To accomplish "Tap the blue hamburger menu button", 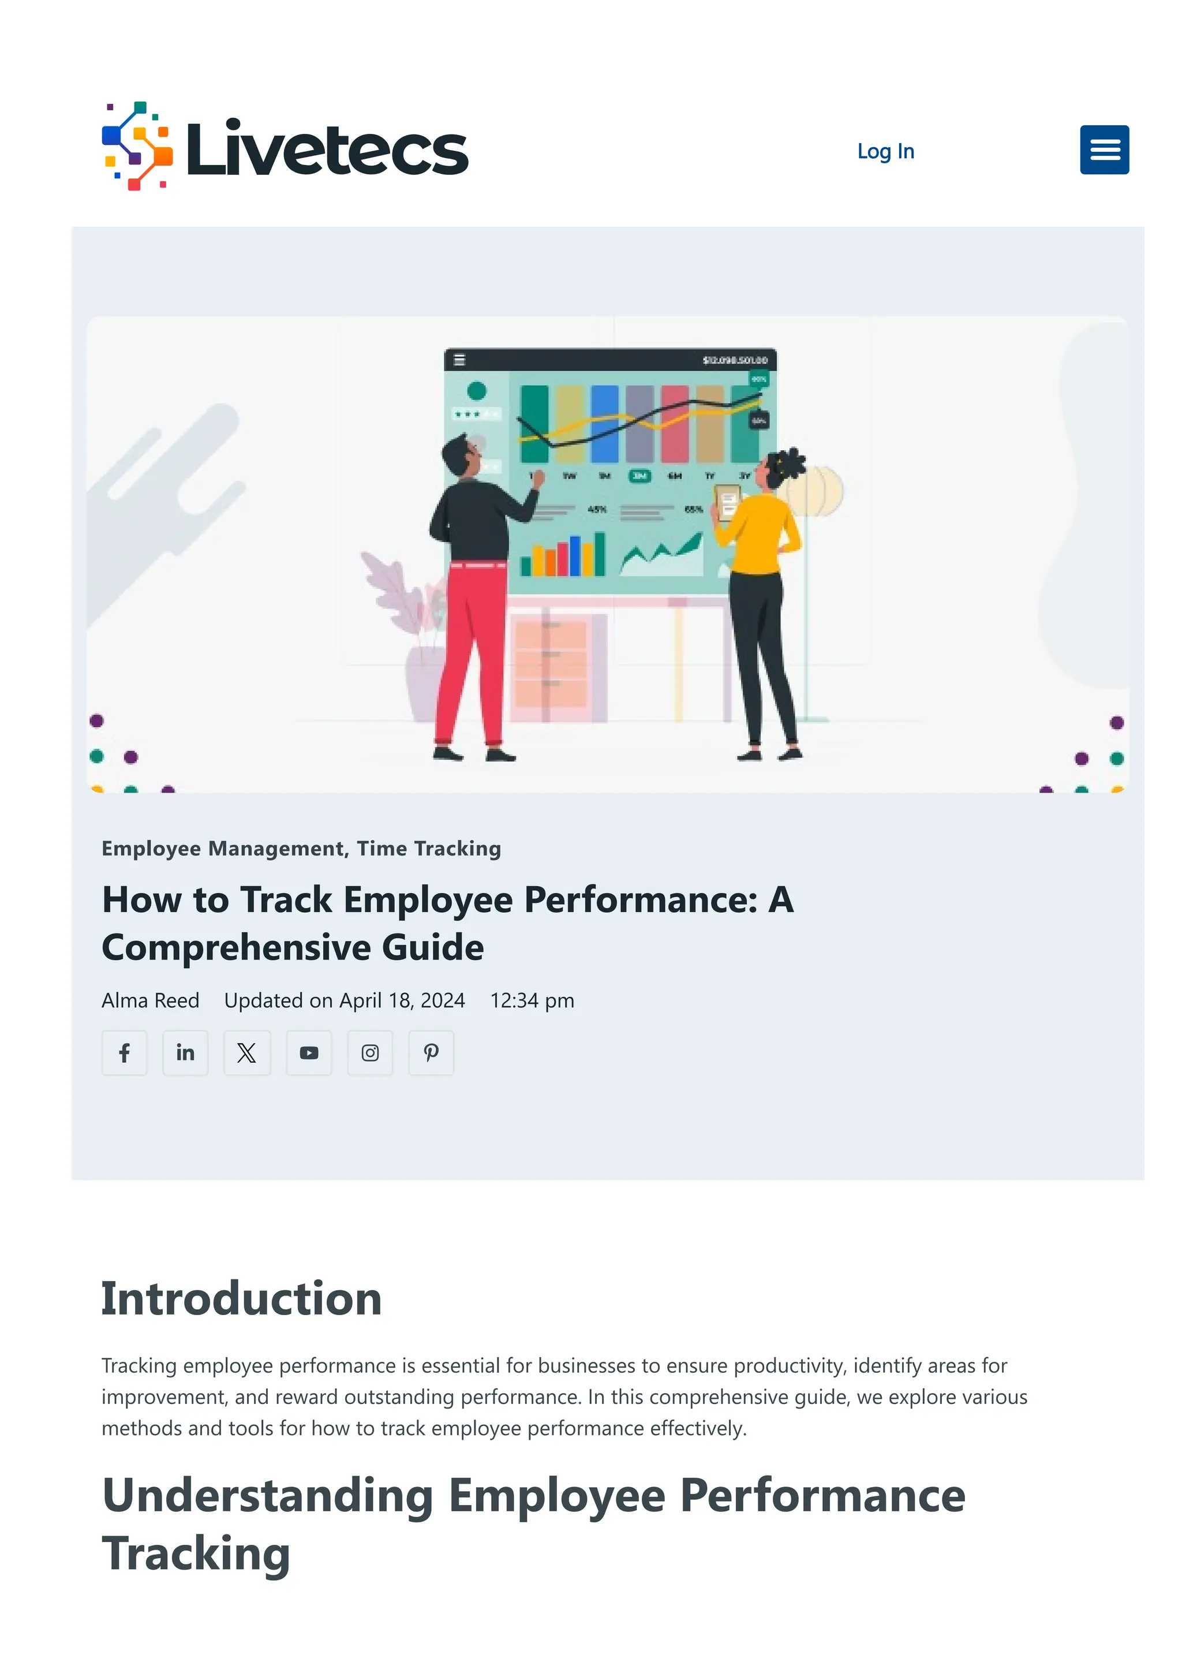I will click(1104, 150).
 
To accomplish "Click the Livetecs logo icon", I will click(137, 145).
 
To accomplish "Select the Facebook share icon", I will click(125, 1052).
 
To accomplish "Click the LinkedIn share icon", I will click(185, 1052).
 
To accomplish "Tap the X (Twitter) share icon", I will click(246, 1052).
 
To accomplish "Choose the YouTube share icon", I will click(309, 1052).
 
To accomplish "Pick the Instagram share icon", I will click(370, 1052).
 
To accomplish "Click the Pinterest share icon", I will click(431, 1052).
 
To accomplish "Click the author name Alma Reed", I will click(150, 1000).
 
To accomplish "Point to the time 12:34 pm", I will click(532, 1000).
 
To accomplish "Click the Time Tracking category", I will click(428, 848).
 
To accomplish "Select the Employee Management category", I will click(223, 848).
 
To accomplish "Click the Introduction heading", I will click(241, 1298).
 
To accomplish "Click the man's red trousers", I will click(473, 641).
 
